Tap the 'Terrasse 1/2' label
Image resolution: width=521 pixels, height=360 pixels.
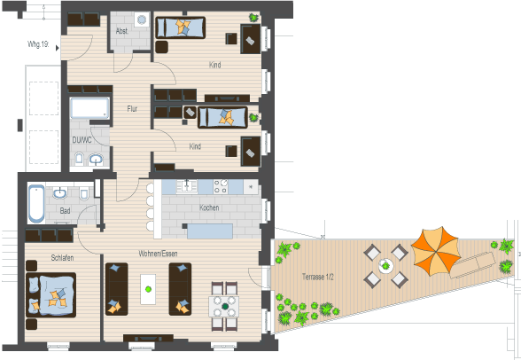(317, 277)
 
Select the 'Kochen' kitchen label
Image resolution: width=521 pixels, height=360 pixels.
(209, 207)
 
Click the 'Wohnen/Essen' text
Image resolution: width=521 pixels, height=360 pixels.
(156, 254)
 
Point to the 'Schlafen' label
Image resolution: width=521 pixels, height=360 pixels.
(62, 258)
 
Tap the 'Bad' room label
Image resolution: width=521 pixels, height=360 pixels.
(65, 210)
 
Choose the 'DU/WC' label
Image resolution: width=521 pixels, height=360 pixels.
(82, 139)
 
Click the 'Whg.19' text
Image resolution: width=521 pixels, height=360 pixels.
(37, 43)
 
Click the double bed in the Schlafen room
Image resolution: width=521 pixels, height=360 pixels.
(51, 295)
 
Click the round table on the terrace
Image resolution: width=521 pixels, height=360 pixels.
(385, 265)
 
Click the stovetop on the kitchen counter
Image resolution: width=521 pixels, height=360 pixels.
(221, 186)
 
